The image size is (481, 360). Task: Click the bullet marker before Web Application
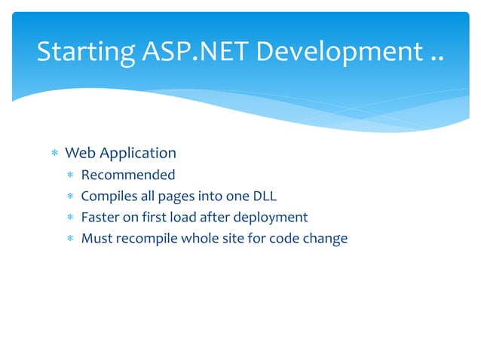pyautogui.click(x=54, y=154)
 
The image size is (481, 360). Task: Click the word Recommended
pyautogui.click(x=128, y=175)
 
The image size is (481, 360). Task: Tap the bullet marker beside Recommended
pyautogui.click(x=69, y=175)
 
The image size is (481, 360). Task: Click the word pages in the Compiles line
pyautogui.click(x=175, y=197)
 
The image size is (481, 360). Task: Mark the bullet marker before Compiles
pyautogui.click(x=69, y=197)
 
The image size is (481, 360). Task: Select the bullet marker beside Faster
pyautogui.click(x=69, y=218)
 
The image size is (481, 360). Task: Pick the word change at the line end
pyautogui.click(x=325, y=239)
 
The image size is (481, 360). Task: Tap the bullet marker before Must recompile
pyautogui.click(x=69, y=239)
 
